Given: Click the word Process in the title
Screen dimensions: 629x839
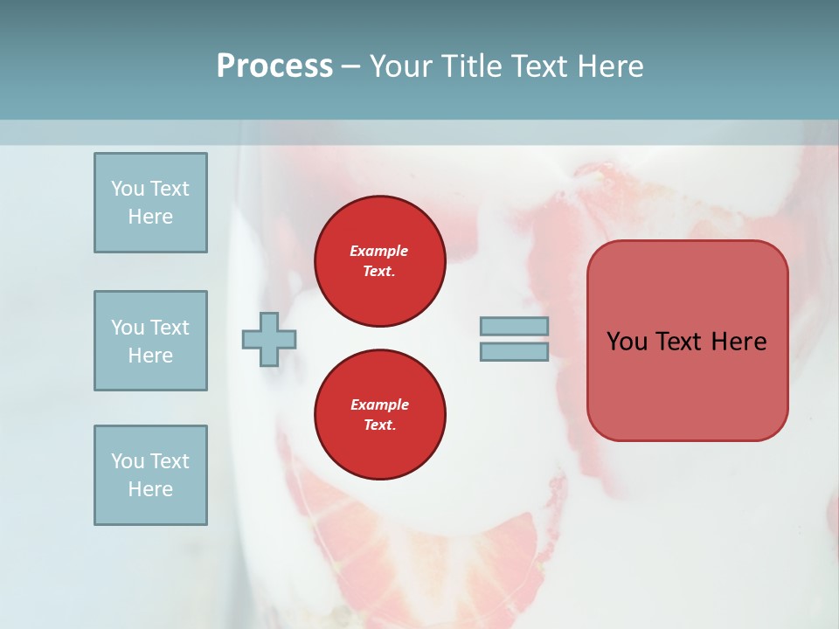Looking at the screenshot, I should [x=274, y=66].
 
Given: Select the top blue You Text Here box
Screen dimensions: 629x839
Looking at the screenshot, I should [x=150, y=203].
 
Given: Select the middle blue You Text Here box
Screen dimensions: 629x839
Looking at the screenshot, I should [x=150, y=341].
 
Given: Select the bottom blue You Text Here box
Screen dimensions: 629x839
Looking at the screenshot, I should [x=150, y=475].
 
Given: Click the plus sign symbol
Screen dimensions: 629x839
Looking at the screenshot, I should [x=269, y=339].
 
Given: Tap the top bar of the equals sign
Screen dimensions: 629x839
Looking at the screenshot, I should [x=514, y=326].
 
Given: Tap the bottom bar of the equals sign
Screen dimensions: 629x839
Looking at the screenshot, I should [x=514, y=352].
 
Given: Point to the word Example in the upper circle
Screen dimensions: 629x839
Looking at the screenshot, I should [x=379, y=251].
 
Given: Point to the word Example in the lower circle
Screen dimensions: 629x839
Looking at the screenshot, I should [x=379, y=404].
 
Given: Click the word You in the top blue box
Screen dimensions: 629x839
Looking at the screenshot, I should [x=127, y=189].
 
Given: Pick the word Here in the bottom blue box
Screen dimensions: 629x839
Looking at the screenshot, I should [x=150, y=489].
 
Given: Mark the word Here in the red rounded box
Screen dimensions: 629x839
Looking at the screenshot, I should [x=738, y=342].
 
